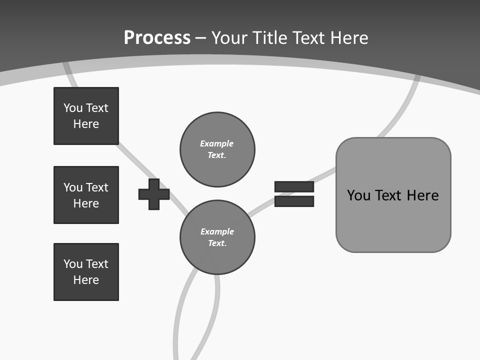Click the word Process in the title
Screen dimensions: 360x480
pyautogui.click(x=157, y=38)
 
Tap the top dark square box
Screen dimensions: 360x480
pyautogui.click(x=86, y=116)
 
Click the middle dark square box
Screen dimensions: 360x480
pyautogui.click(x=86, y=195)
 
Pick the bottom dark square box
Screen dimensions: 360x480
pyautogui.click(x=86, y=272)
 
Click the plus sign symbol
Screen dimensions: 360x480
pyautogui.click(x=154, y=194)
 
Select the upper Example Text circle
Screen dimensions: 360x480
pyautogui.click(x=217, y=149)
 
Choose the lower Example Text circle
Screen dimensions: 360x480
pyautogui.click(x=217, y=237)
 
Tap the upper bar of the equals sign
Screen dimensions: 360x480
pyautogui.click(x=294, y=186)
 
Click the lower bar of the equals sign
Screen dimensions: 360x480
pyautogui.click(x=294, y=201)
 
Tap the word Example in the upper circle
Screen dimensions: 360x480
pyautogui.click(x=216, y=143)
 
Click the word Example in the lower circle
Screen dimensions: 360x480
pyautogui.click(x=217, y=231)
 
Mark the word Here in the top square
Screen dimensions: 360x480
pyautogui.click(x=86, y=124)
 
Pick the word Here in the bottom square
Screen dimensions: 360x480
pyautogui.click(x=86, y=280)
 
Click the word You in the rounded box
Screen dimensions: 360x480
pyautogui.click(x=359, y=195)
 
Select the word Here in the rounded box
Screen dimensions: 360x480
pyautogui.click(x=422, y=195)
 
